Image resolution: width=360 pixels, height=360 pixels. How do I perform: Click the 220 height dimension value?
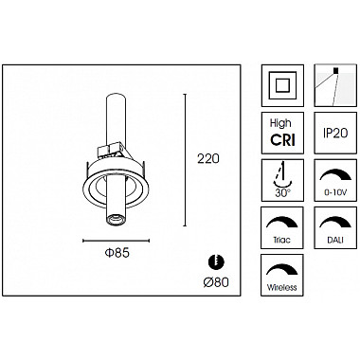(208, 158)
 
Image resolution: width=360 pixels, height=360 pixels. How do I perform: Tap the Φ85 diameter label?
(117, 253)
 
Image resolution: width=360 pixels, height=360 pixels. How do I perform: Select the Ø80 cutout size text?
(216, 282)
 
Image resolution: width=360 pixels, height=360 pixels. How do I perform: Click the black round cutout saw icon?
(216, 261)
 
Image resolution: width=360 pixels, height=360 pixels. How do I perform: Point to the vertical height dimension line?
(185, 160)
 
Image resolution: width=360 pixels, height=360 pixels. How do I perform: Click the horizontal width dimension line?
(116, 241)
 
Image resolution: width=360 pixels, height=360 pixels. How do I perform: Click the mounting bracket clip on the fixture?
(111, 150)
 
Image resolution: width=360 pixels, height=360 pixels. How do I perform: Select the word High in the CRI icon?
(280, 123)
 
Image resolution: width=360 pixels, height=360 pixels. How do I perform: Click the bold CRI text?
(282, 139)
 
